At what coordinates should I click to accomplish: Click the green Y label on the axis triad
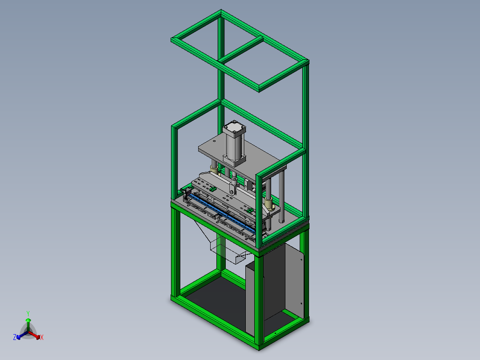click(28, 313)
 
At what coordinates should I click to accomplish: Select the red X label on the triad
click(42, 338)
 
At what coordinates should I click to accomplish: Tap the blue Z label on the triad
click(15, 337)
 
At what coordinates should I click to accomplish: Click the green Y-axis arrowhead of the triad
click(28, 320)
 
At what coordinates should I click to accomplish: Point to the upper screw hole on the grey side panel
click(301, 259)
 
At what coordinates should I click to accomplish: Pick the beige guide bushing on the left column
click(214, 169)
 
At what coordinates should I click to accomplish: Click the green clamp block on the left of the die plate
click(213, 189)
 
